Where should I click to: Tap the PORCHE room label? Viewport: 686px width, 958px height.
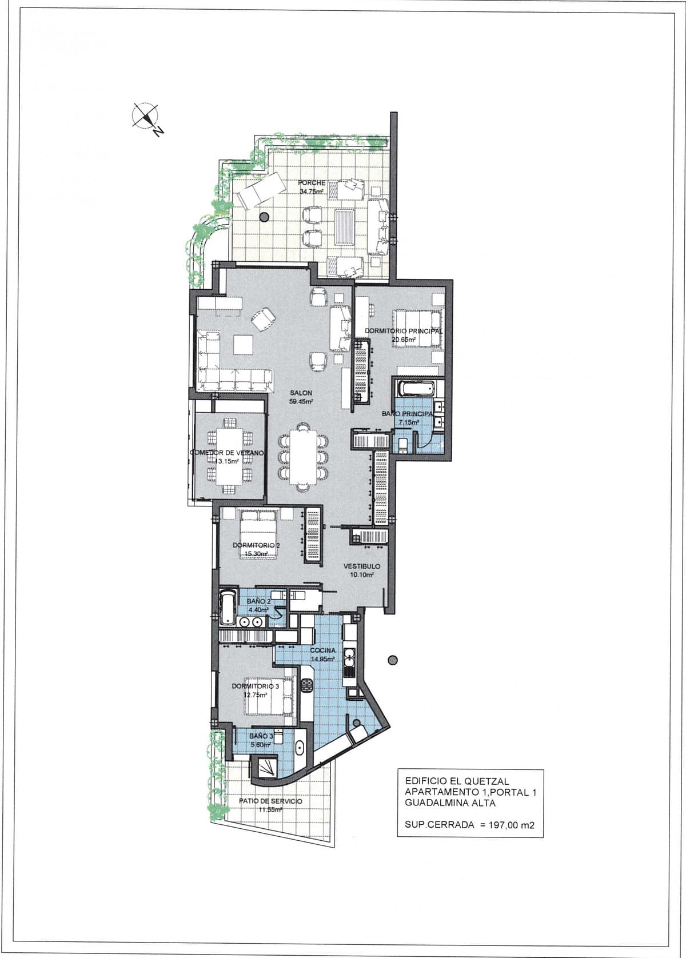pyautogui.click(x=312, y=182)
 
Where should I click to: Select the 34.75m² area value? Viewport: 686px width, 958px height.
pyautogui.click(x=311, y=191)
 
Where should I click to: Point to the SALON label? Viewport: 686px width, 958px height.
pyautogui.click(x=301, y=393)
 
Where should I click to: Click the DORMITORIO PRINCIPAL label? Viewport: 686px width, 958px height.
pyautogui.click(x=403, y=331)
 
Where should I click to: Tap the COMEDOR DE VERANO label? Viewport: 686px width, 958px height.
pyautogui.click(x=227, y=453)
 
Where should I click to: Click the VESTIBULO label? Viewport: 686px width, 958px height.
pyautogui.click(x=362, y=566)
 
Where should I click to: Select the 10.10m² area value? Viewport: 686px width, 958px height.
pyautogui.click(x=362, y=575)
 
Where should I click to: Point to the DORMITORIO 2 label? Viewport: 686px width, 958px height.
pyautogui.click(x=256, y=545)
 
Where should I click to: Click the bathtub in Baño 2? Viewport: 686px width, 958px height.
pyautogui.click(x=227, y=608)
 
